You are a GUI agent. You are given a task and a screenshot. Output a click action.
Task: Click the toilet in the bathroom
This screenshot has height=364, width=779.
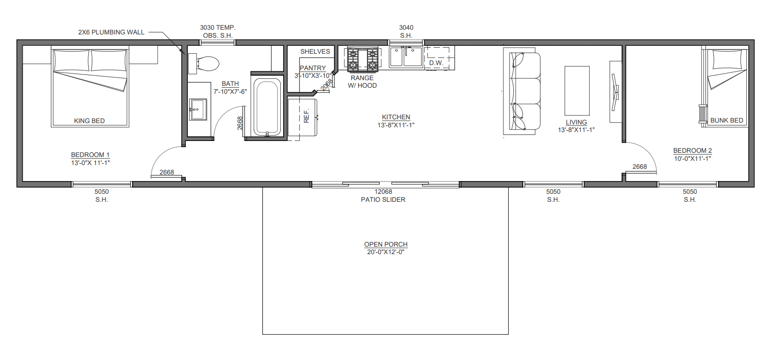click(203, 64)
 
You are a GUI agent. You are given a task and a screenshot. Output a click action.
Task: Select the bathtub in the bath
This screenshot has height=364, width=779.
click(267, 107)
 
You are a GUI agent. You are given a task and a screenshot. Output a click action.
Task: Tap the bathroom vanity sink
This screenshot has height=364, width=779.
click(198, 109)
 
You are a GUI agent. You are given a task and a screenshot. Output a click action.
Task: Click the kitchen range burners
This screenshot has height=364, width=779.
click(362, 59)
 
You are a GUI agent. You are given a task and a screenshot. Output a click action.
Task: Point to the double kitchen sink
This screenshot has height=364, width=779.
click(406, 57)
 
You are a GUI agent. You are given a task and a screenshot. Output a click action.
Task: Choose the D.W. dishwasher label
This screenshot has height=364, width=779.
click(436, 63)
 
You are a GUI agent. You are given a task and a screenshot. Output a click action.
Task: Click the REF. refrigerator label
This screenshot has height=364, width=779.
click(306, 116)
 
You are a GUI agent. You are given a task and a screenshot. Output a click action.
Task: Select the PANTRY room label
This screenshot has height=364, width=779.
click(313, 68)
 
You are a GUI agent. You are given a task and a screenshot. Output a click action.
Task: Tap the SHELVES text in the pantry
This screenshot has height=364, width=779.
click(315, 51)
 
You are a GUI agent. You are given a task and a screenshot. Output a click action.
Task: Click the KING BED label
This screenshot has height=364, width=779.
click(89, 121)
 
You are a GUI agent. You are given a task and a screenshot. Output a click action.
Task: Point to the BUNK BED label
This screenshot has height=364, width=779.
click(727, 120)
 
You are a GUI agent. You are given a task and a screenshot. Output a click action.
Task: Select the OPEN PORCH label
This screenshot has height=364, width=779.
click(385, 244)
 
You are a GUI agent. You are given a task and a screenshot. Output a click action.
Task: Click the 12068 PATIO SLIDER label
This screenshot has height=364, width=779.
click(383, 195)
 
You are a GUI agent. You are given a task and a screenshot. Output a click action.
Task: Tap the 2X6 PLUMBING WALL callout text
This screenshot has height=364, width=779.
click(111, 33)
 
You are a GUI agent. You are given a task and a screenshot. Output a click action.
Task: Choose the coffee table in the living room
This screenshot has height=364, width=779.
click(577, 91)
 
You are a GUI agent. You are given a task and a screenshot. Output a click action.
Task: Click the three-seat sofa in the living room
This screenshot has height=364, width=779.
click(522, 91)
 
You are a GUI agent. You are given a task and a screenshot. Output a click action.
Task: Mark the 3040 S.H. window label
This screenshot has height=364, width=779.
click(406, 31)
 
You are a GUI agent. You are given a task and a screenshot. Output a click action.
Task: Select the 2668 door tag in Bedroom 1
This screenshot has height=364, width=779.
click(167, 172)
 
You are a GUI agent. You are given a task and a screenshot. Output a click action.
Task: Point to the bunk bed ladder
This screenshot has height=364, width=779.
click(703, 114)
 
